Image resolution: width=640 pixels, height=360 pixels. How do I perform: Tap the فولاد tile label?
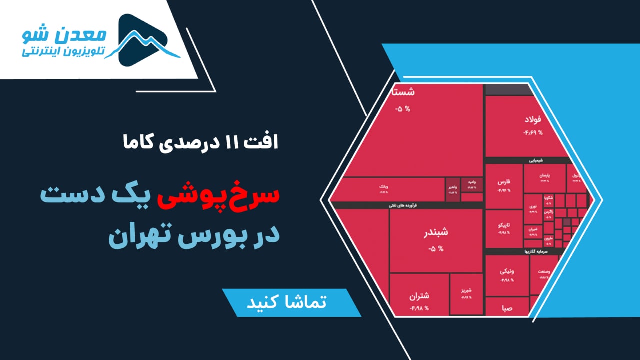[534, 120]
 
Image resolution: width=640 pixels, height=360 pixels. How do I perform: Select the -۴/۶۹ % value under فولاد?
[533, 132]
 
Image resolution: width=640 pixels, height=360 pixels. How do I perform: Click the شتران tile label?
[419, 296]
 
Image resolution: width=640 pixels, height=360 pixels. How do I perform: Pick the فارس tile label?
[504, 182]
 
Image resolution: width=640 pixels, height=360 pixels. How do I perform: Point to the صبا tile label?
[507, 308]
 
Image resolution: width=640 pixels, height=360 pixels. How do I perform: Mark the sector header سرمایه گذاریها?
[537, 251]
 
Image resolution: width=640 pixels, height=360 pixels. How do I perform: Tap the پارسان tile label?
[543, 176]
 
